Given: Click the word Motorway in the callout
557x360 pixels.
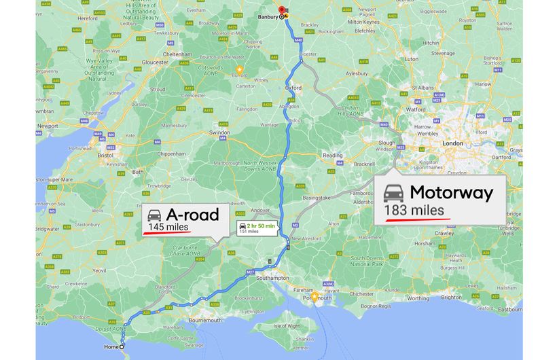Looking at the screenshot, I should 451,192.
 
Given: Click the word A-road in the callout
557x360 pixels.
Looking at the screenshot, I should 193,215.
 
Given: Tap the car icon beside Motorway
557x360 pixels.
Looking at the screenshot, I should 393,192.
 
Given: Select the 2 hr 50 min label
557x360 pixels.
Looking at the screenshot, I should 259,226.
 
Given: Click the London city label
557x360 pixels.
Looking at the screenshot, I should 452,143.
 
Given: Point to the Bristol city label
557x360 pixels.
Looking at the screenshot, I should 105,155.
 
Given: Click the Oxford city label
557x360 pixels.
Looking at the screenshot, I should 293,88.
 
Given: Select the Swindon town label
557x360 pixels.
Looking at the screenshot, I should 219,133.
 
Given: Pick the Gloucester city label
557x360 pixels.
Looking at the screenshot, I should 155,62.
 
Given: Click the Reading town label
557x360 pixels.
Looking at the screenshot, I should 333,156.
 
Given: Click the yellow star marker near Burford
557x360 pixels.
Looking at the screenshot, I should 238,69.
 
